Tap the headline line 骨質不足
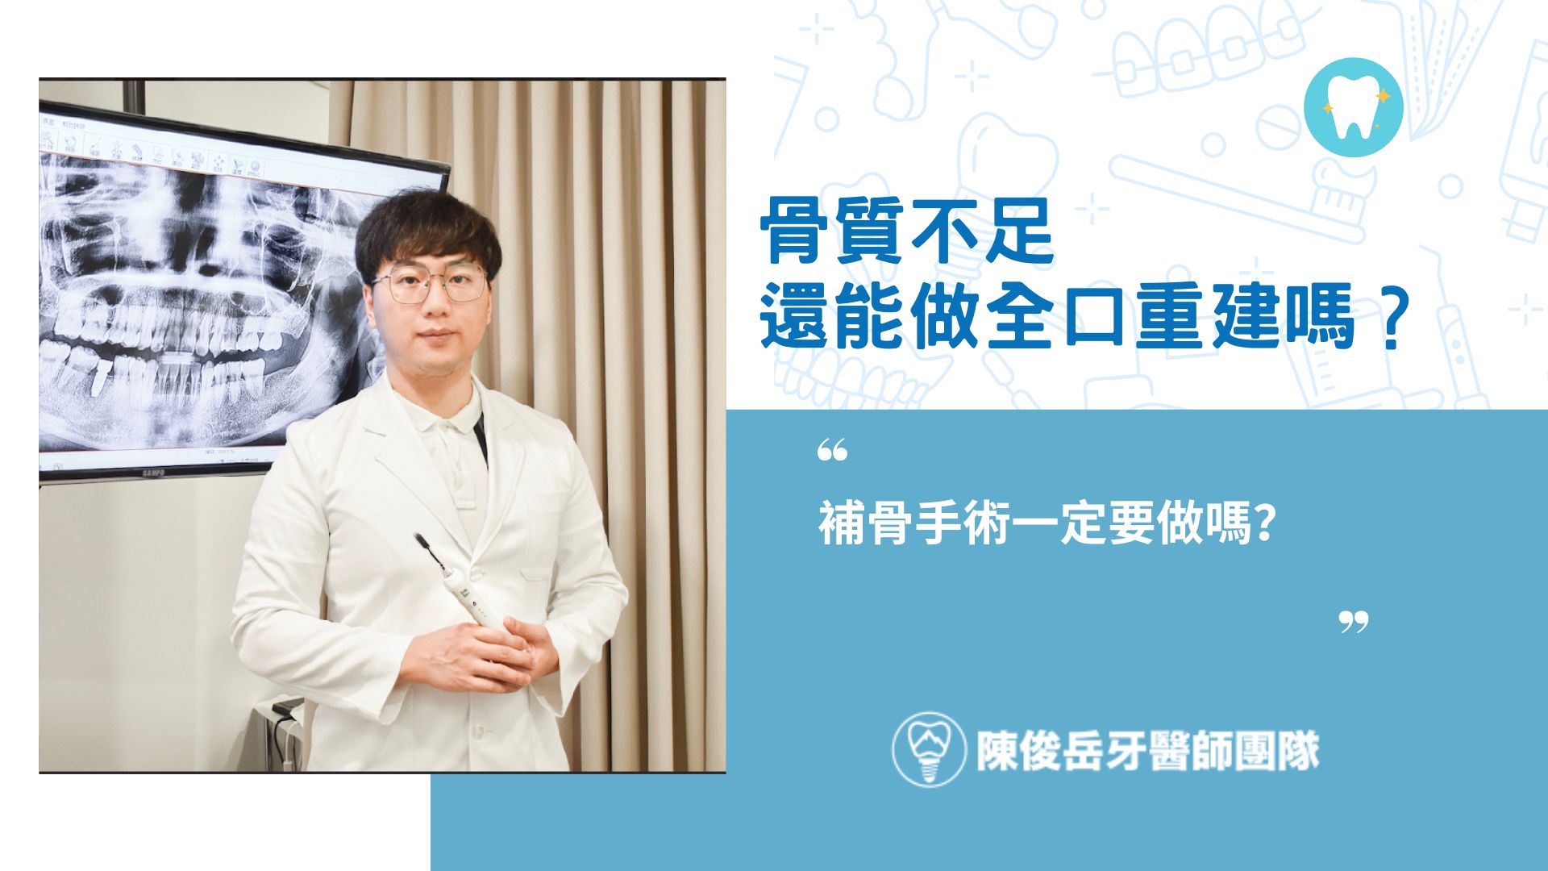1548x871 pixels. click(x=907, y=231)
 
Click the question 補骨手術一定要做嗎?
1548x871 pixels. click(x=1047, y=524)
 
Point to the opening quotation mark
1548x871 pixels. click(x=832, y=451)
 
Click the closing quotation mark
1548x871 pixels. click(x=1354, y=622)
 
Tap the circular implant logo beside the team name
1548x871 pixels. click(x=929, y=749)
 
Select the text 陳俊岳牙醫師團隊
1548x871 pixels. click(x=1147, y=751)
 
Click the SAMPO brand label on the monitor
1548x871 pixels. click(x=154, y=472)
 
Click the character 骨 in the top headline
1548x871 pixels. click(x=794, y=231)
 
